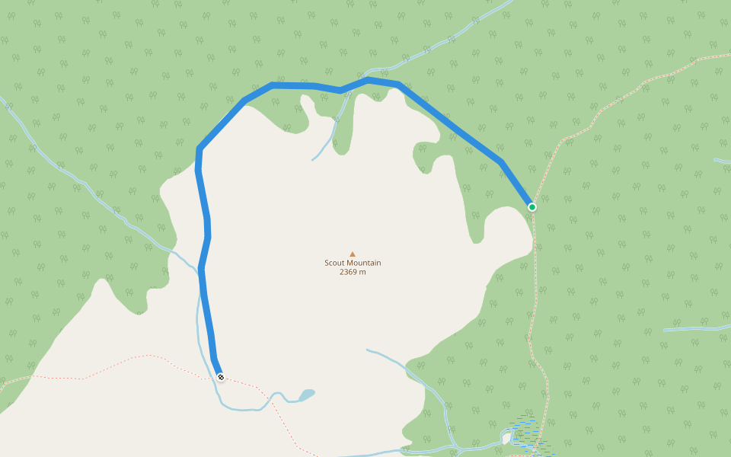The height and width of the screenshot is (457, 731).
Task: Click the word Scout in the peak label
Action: click(x=336, y=263)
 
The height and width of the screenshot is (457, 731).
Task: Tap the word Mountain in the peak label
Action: click(x=364, y=263)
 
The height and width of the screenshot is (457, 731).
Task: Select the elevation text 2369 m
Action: click(x=353, y=272)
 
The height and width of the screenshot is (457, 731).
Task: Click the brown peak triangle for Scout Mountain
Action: click(x=352, y=254)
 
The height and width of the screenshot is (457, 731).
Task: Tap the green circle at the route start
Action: click(x=532, y=207)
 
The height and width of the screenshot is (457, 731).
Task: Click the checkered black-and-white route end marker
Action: click(x=220, y=377)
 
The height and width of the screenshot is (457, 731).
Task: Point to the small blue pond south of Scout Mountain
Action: click(x=306, y=395)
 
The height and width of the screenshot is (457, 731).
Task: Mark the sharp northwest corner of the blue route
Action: click(x=199, y=149)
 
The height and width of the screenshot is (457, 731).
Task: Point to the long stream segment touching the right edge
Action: click(x=697, y=328)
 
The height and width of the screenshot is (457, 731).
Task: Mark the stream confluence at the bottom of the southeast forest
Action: click(x=455, y=446)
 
